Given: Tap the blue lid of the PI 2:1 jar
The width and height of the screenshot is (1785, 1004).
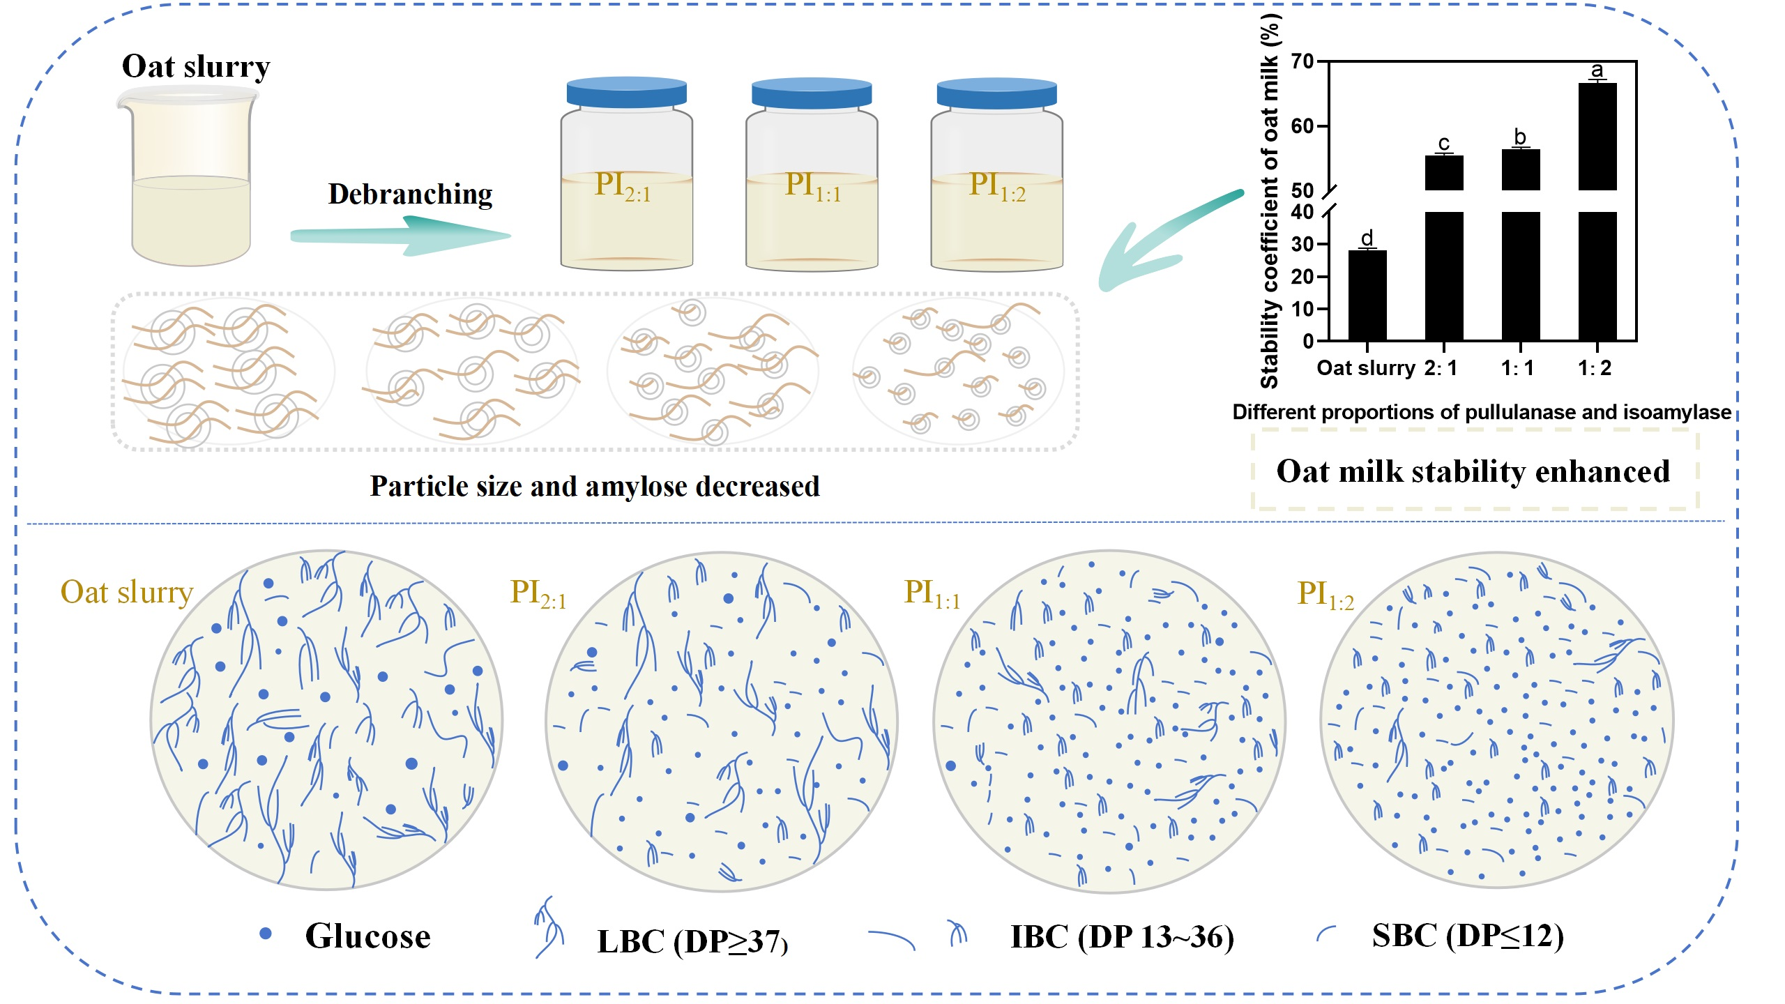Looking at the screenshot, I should (626, 93).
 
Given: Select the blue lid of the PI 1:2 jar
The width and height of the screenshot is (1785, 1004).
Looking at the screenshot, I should (996, 93).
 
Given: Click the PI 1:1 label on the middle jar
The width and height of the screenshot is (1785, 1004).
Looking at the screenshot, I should (812, 185).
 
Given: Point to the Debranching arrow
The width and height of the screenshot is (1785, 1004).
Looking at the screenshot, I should (401, 236).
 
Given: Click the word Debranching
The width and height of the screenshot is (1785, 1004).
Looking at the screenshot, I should (410, 194).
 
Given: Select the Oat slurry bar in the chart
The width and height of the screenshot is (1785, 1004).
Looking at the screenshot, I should (1367, 295).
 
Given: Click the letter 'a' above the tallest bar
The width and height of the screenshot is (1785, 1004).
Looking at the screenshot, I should (1597, 70).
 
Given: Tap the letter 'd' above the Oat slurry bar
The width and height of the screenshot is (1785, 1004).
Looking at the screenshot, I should (1367, 238).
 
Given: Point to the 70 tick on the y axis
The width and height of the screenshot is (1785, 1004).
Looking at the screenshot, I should (1302, 61).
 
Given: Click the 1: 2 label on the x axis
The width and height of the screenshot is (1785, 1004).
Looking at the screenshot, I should (1595, 367).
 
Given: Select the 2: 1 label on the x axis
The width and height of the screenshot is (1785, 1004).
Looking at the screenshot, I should (1441, 367).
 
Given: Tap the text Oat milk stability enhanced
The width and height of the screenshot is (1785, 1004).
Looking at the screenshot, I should (1473, 471).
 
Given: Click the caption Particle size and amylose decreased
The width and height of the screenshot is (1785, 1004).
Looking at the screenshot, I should (594, 486).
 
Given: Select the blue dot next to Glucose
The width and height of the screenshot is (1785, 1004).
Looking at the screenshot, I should (265, 934).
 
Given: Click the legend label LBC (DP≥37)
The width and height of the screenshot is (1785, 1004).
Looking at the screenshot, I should (692, 941).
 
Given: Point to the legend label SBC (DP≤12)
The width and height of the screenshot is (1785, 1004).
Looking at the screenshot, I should (1468, 935).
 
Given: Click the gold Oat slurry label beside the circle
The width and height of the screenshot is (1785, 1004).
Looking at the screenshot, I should (126, 592).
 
